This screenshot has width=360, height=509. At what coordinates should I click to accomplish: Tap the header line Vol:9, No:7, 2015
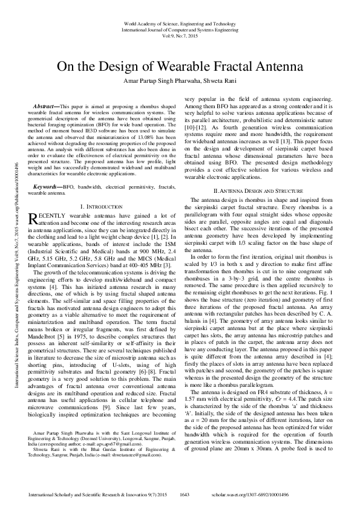click(x=180, y=36)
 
